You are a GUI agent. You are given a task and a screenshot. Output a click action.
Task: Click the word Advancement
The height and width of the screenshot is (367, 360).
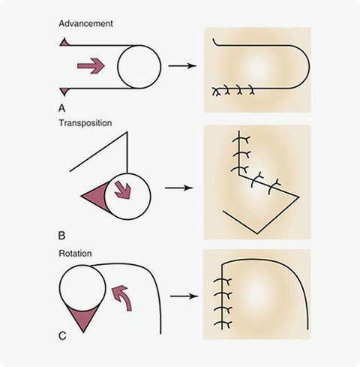[85, 24]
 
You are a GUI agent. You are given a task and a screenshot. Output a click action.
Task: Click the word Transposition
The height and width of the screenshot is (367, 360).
[85, 123]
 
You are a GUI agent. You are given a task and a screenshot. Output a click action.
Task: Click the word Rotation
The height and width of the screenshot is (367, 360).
[75, 254]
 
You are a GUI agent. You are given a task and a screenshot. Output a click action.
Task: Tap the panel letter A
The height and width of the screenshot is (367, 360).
[61, 108]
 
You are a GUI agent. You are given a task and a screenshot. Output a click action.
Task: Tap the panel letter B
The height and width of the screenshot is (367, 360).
[61, 236]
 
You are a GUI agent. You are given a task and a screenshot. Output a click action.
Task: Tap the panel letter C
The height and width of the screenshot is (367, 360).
[62, 335]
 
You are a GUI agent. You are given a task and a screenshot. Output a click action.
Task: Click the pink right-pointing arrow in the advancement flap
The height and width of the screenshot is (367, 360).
[91, 66]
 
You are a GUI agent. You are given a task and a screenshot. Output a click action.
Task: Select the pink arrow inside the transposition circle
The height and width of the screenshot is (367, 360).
[123, 191]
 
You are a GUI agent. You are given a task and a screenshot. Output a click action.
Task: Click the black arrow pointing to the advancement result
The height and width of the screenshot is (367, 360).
[182, 66]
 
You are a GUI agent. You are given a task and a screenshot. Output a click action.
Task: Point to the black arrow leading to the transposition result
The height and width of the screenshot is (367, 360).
[179, 188]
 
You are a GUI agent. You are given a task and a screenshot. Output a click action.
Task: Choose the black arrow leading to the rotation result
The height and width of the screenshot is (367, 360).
[184, 296]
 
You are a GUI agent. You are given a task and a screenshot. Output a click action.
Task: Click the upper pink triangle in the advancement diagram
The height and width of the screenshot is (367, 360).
[64, 43]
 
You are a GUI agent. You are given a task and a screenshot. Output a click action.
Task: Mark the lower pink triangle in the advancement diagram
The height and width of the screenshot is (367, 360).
[64, 92]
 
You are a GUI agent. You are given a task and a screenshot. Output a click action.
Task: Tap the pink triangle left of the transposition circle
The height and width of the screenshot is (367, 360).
[95, 196]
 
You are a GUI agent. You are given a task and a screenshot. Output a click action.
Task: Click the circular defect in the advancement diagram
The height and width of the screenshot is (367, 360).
[139, 67]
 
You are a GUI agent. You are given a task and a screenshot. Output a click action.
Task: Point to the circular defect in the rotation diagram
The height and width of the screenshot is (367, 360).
[82, 288]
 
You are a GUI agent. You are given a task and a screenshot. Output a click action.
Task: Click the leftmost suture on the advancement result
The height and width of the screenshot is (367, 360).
[216, 92]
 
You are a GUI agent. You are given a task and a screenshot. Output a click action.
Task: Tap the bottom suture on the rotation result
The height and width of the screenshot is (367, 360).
[223, 324]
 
